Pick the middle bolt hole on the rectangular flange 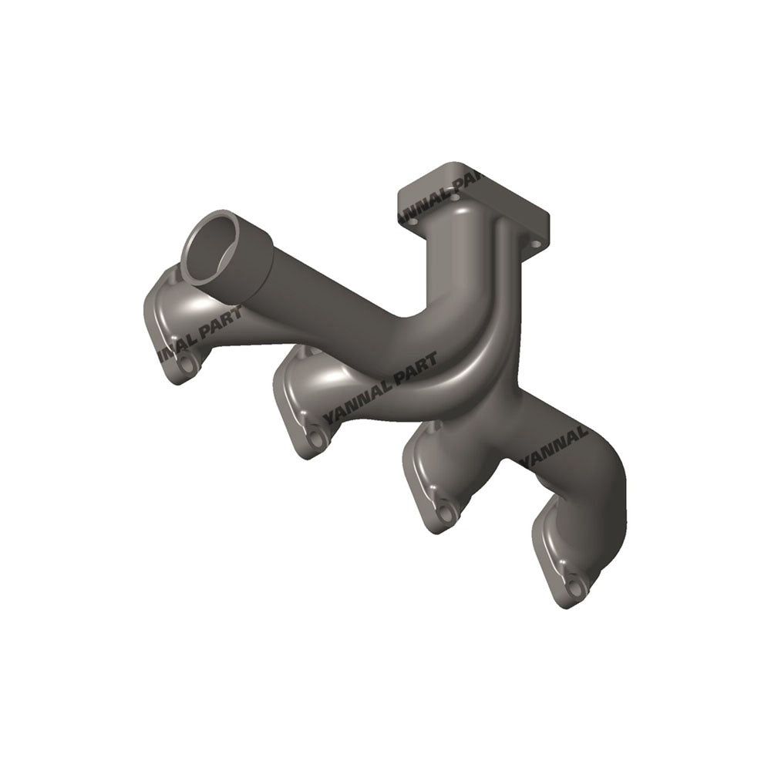(x=456, y=198)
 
